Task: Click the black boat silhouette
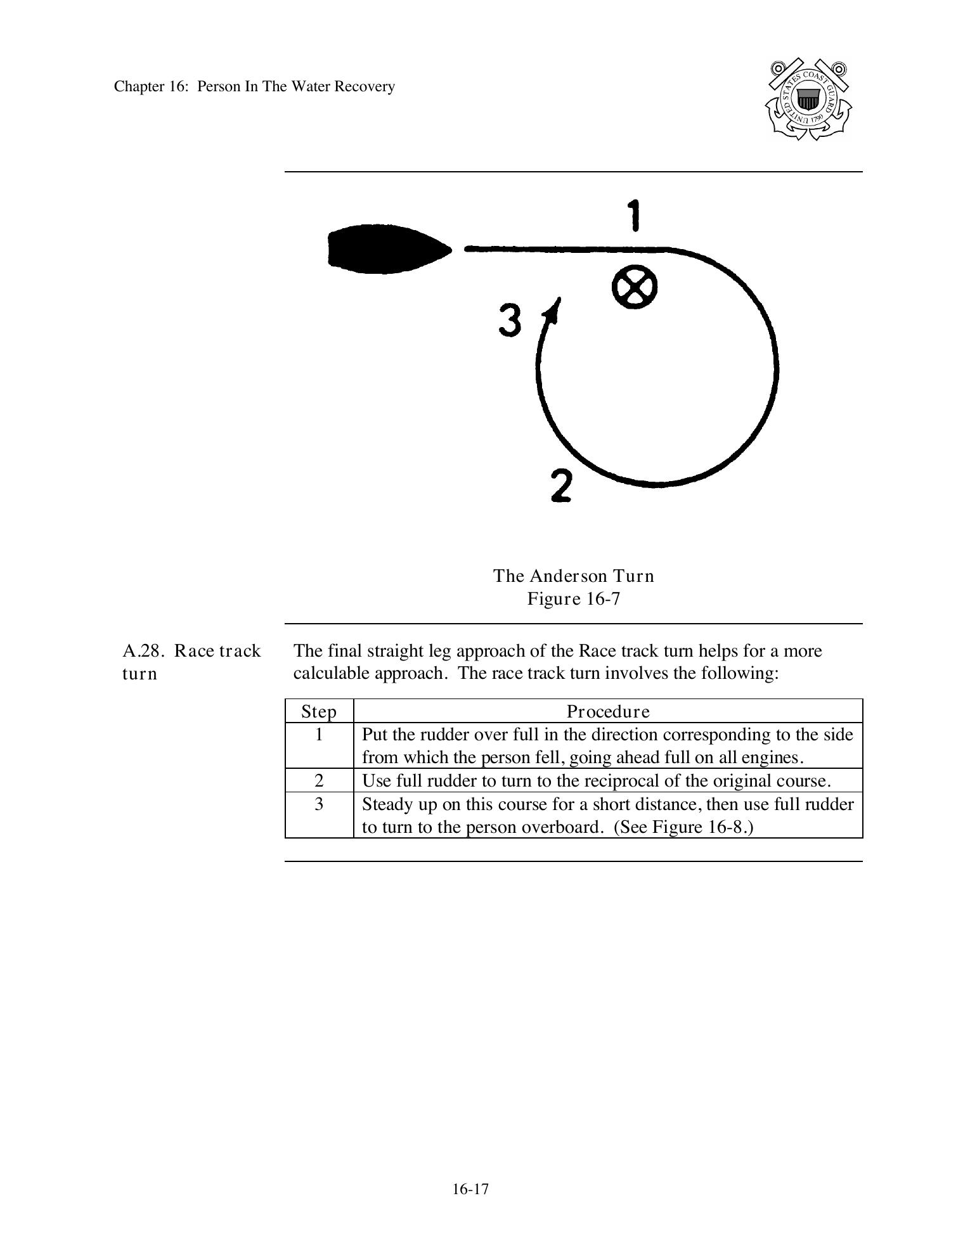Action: click(x=387, y=248)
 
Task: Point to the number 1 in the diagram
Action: click(x=634, y=215)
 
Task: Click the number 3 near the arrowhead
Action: click(x=510, y=320)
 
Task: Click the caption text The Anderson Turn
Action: click(x=573, y=576)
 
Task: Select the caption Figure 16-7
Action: click(x=573, y=598)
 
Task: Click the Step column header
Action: click(x=319, y=711)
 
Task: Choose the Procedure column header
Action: click(x=608, y=711)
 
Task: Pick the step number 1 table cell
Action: click(x=319, y=735)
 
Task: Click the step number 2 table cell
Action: click(x=319, y=780)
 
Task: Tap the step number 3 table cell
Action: click(x=319, y=804)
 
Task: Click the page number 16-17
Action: click(x=470, y=1189)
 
